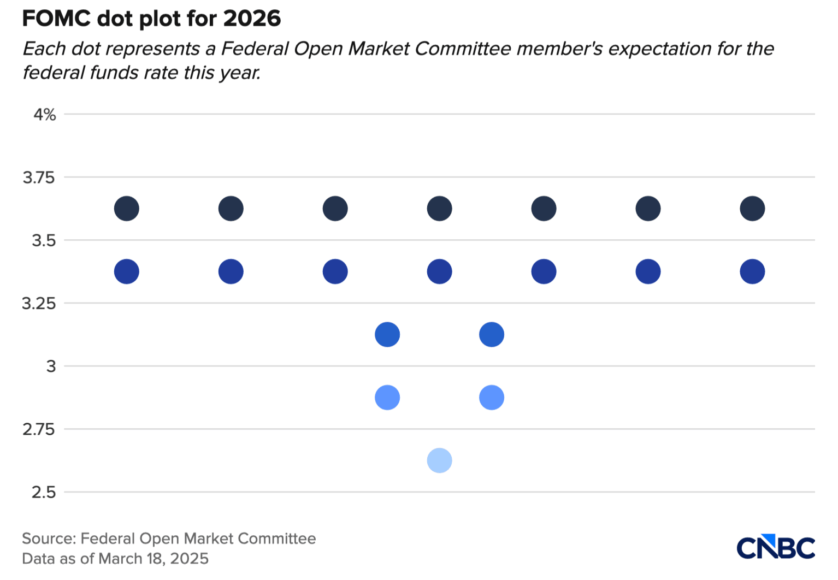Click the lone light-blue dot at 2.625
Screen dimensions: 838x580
pyautogui.click(x=440, y=460)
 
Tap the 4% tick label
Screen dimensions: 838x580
pyautogui.click(x=44, y=115)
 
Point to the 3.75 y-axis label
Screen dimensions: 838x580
pyautogui.click(x=39, y=177)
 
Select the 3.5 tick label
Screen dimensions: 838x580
pyautogui.click(x=43, y=240)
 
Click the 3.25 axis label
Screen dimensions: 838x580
pyautogui.click(x=39, y=304)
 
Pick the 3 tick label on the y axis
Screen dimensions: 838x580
pyautogui.click(x=51, y=366)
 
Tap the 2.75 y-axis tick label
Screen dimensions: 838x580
pyautogui.click(x=39, y=430)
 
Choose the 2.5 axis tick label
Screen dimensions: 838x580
pyautogui.click(x=43, y=493)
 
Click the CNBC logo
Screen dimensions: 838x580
pyautogui.click(x=776, y=546)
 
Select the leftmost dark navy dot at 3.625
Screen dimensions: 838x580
pyautogui.click(x=126, y=208)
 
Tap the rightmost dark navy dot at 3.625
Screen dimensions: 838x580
pyautogui.click(x=752, y=208)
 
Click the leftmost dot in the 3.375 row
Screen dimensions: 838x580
pyautogui.click(x=126, y=271)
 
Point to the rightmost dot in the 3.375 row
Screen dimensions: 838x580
pyautogui.click(x=752, y=271)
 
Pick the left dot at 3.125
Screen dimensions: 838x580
pyautogui.click(x=387, y=334)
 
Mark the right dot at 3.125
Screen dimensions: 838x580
pyautogui.click(x=492, y=334)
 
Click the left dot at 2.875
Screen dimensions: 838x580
pyautogui.click(x=387, y=398)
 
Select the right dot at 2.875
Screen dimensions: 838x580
pyautogui.click(x=492, y=398)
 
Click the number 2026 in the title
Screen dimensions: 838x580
pyautogui.click(x=252, y=19)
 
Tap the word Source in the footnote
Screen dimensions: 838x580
pyautogui.click(x=49, y=538)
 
